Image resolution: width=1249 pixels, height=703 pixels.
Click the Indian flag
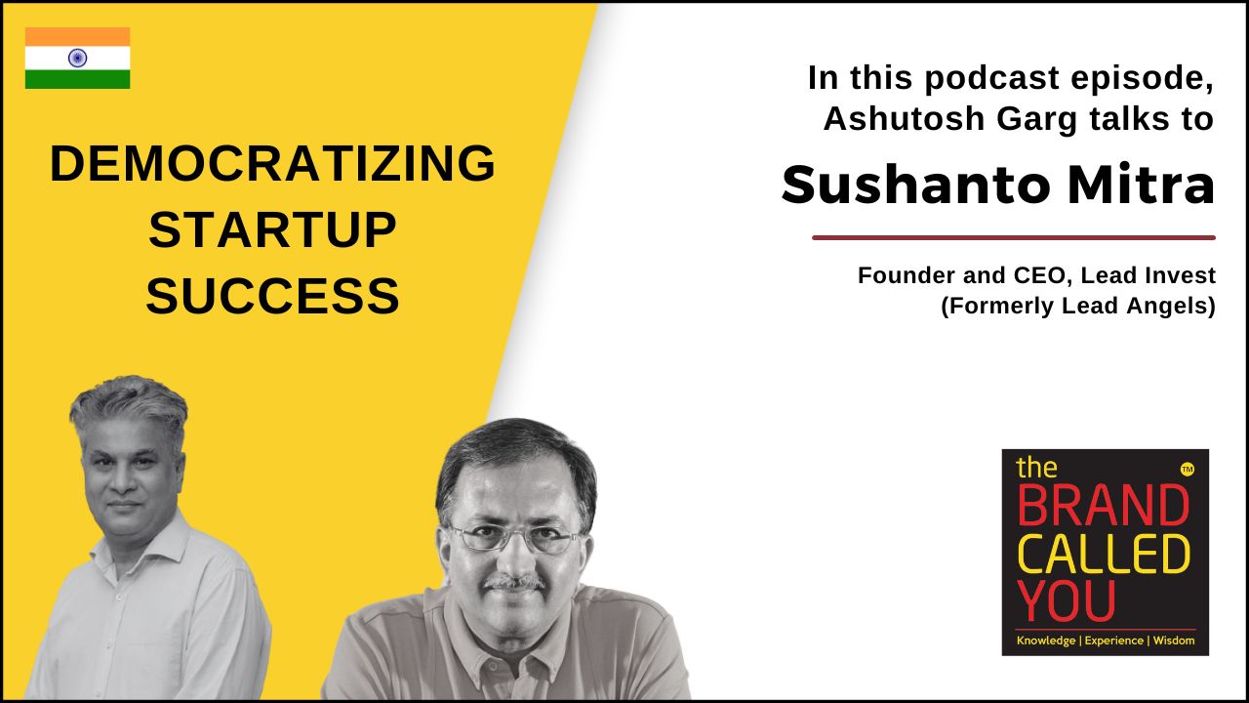click(77, 58)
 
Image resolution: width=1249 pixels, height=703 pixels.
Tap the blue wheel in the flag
click(77, 58)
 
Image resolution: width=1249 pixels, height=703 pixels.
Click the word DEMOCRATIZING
click(272, 163)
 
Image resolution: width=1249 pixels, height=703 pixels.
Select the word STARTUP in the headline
click(272, 229)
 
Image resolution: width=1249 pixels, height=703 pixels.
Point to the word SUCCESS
click(272, 296)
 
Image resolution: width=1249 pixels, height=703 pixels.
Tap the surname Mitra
click(1141, 185)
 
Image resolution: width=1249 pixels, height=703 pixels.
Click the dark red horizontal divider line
click(1014, 237)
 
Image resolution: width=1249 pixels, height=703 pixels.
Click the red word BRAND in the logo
click(1104, 506)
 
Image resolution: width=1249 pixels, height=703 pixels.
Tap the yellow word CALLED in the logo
click(1104, 554)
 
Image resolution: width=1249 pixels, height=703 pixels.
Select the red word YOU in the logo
click(1067, 600)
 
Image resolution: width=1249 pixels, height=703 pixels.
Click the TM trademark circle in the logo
click(1188, 470)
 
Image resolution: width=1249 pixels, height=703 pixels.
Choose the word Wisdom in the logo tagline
click(1174, 641)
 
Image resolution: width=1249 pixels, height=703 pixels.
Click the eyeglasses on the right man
click(516, 538)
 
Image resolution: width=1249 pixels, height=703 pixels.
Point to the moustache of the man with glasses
click(514, 583)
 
